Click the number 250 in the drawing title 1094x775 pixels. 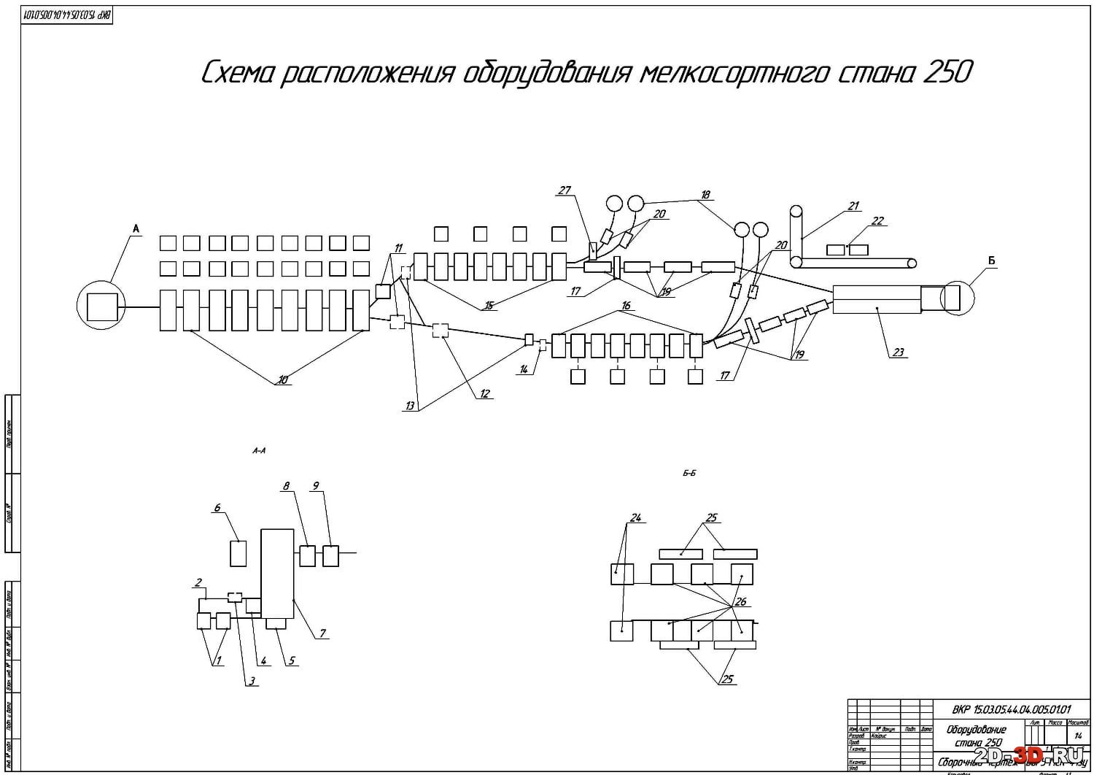click(947, 73)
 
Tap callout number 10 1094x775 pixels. click(282, 379)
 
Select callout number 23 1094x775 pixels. click(898, 352)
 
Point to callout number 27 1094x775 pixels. click(564, 190)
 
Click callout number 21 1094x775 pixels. click(853, 207)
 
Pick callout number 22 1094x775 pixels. click(877, 221)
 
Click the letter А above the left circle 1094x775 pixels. click(135, 229)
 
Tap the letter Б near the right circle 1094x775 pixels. click(991, 261)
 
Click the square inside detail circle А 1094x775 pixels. click(101, 306)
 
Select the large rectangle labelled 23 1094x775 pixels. click(876, 299)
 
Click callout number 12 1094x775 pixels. click(485, 394)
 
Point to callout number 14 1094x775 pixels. click(523, 370)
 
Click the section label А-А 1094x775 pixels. click(259, 451)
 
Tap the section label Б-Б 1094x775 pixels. click(689, 473)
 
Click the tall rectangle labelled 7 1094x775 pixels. click(277, 574)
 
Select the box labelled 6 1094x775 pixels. click(238, 553)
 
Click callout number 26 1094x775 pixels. click(740, 602)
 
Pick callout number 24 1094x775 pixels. click(635, 518)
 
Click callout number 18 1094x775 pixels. click(705, 195)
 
